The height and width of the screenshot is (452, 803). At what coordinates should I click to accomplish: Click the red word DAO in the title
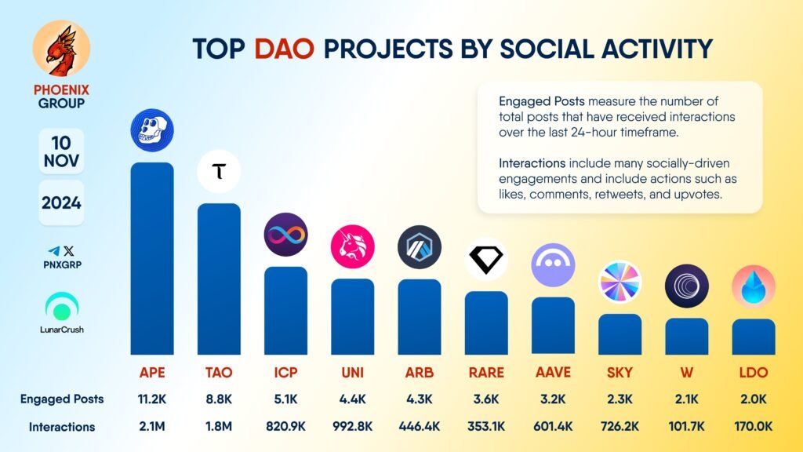click(x=283, y=49)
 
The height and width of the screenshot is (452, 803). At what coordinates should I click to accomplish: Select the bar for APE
click(x=151, y=259)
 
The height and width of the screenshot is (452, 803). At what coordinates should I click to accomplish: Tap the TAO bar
click(x=219, y=279)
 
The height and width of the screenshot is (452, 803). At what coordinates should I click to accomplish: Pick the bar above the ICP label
click(x=285, y=311)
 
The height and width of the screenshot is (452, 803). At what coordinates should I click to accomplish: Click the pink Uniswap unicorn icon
click(x=352, y=246)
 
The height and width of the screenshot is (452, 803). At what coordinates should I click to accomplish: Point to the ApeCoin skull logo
click(x=151, y=131)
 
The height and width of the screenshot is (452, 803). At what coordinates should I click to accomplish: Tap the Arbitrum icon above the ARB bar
click(x=420, y=247)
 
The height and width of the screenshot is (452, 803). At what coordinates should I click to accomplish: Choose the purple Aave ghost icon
click(x=553, y=264)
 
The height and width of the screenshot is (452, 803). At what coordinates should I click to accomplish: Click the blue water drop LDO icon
click(x=754, y=286)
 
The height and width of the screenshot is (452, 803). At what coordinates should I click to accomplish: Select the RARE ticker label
click(x=486, y=372)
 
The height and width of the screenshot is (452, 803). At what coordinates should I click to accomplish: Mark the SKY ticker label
click(x=620, y=372)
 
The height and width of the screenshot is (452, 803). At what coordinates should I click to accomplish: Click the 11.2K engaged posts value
click(x=151, y=399)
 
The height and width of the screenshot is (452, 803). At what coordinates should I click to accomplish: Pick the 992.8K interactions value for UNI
click(x=352, y=427)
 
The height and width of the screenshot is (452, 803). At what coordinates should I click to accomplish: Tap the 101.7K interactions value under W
click(x=687, y=427)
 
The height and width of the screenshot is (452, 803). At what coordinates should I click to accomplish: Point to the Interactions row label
click(x=62, y=427)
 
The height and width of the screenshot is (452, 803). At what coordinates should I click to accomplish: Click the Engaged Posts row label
click(x=62, y=399)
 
